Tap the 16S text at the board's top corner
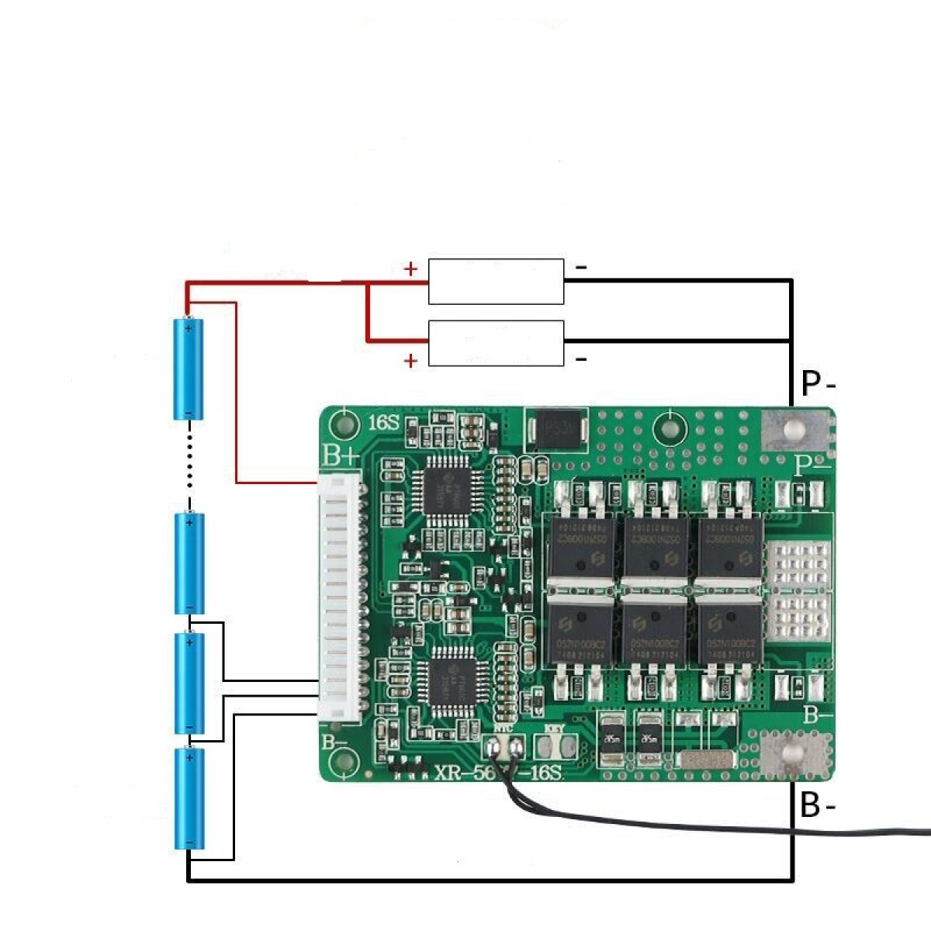pyautogui.click(x=383, y=424)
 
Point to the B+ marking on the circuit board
pyautogui.click(x=341, y=455)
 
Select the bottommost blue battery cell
pyautogui.click(x=189, y=798)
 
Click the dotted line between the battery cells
pyautogui.click(x=189, y=461)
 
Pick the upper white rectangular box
pyautogui.click(x=496, y=282)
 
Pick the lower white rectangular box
pyautogui.click(x=496, y=343)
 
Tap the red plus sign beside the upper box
pyautogui.click(x=410, y=270)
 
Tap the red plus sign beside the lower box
pyautogui.click(x=410, y=361)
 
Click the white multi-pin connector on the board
pyautogui.click(x=339, y=597)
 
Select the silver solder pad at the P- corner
pyautogui.click(x=792, y=429)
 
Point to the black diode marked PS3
pyautogui.click(x=556, y=429)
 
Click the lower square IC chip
pyautogui.click(x=452, y=679)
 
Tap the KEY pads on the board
pyautogui.click(x=557, y=746)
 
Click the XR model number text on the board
pyautogui.click(x=497, y=774)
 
